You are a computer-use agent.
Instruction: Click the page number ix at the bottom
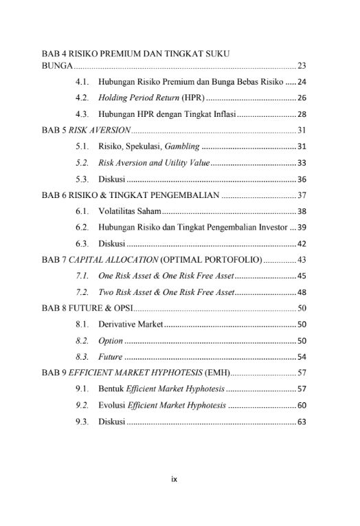[175, 479]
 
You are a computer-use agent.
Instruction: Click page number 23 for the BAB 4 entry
[302, 67]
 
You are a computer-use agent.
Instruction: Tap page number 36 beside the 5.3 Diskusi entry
[302, 179]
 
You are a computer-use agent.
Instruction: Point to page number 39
[302, 228]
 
